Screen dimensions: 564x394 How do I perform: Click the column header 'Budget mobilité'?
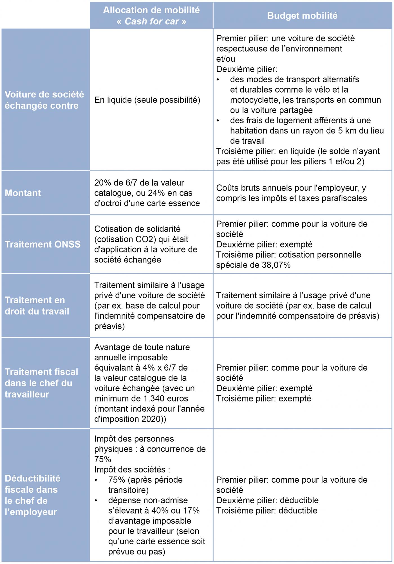click(x=302, y=16)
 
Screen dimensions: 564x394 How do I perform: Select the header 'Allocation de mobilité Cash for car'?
click(x=151, y=16)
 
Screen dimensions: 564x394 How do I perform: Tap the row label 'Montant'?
click(x=23, y=193)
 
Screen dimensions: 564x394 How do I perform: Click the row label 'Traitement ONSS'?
click(x=42, y=244)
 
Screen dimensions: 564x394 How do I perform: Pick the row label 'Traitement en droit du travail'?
click(x=37, y=306)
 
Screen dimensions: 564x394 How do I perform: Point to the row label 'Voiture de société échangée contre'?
click(x=44, y=100)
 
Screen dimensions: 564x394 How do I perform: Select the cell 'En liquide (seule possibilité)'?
click(x=147, y=100)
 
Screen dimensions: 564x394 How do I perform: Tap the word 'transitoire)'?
click(x=128, y=490)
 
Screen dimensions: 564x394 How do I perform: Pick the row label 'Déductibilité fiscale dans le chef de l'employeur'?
click(x=32, y=495)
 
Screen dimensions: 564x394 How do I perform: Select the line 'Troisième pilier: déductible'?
click(x=267, y=511)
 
